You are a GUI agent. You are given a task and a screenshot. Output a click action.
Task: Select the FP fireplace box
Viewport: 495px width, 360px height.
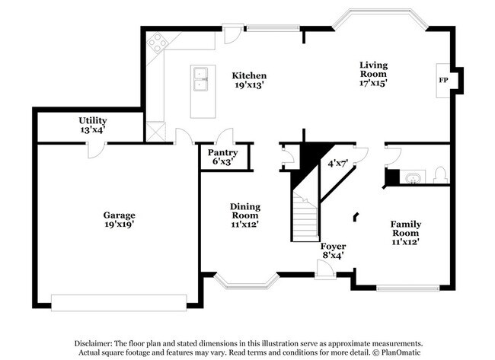tap(442, 80)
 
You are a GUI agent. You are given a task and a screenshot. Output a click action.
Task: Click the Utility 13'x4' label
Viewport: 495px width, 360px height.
tap(92, 125)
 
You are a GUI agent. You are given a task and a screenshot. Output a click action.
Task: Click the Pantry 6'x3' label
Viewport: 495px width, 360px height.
tap(222, 157)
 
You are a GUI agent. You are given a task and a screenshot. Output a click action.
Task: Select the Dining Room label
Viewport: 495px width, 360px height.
tap(245, 215)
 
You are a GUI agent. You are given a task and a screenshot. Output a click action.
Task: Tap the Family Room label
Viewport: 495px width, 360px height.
tap(406, 232)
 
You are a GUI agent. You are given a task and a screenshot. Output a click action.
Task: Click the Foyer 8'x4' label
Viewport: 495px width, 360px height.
tap(333, 251)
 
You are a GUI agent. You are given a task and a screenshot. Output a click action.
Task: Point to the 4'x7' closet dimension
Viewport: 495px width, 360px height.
tap(337, 163)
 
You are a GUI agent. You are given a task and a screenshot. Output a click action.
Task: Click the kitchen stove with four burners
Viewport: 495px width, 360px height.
tap(158, 43)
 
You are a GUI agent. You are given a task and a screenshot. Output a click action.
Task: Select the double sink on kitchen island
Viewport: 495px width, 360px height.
tap(202, 78)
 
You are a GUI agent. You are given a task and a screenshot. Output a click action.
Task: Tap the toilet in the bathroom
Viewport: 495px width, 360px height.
tap(438, 177)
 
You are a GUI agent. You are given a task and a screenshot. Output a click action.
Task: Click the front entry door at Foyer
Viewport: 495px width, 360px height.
tap(324, 270)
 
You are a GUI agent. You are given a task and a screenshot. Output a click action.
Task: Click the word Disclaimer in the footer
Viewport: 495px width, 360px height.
tap(94, 342)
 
